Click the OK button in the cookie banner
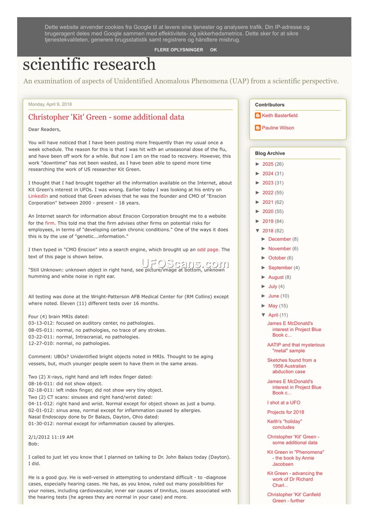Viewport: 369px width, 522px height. coord(213,50)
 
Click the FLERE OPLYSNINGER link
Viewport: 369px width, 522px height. coord(179,50)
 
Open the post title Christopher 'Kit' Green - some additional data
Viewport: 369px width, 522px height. coord(106,117)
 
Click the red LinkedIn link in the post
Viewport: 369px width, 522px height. coord(38,196)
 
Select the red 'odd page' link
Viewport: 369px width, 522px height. coord(208,249)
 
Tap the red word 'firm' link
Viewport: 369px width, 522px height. coord(50,223)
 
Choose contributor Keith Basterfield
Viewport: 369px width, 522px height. coord(280,116)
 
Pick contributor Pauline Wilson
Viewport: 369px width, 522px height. coord(278,128)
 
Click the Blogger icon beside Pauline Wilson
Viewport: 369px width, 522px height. coord(258,128)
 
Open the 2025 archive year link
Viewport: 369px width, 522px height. coord(268,164)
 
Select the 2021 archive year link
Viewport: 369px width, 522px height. coord(268,202)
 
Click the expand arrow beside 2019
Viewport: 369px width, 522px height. coord(258,221)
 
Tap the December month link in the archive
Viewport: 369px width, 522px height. coord(280,239)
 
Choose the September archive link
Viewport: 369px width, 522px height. coord(280,267)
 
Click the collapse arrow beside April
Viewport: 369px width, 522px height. coord(264,315)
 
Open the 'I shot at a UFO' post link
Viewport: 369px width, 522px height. coord(283,403)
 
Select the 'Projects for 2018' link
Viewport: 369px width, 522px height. coord(286,412)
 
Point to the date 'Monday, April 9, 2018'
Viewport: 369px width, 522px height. coord(50,104)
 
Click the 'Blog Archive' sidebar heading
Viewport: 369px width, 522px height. coord(270,154)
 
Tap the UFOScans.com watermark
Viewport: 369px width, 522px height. coord(184,264)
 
